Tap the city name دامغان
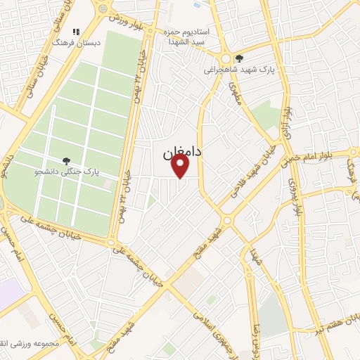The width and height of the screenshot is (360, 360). coord(181,150)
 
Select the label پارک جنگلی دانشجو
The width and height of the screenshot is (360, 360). coord(68,171)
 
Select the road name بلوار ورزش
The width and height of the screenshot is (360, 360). coord(129,22)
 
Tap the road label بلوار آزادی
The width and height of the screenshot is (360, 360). coord(285,118)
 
